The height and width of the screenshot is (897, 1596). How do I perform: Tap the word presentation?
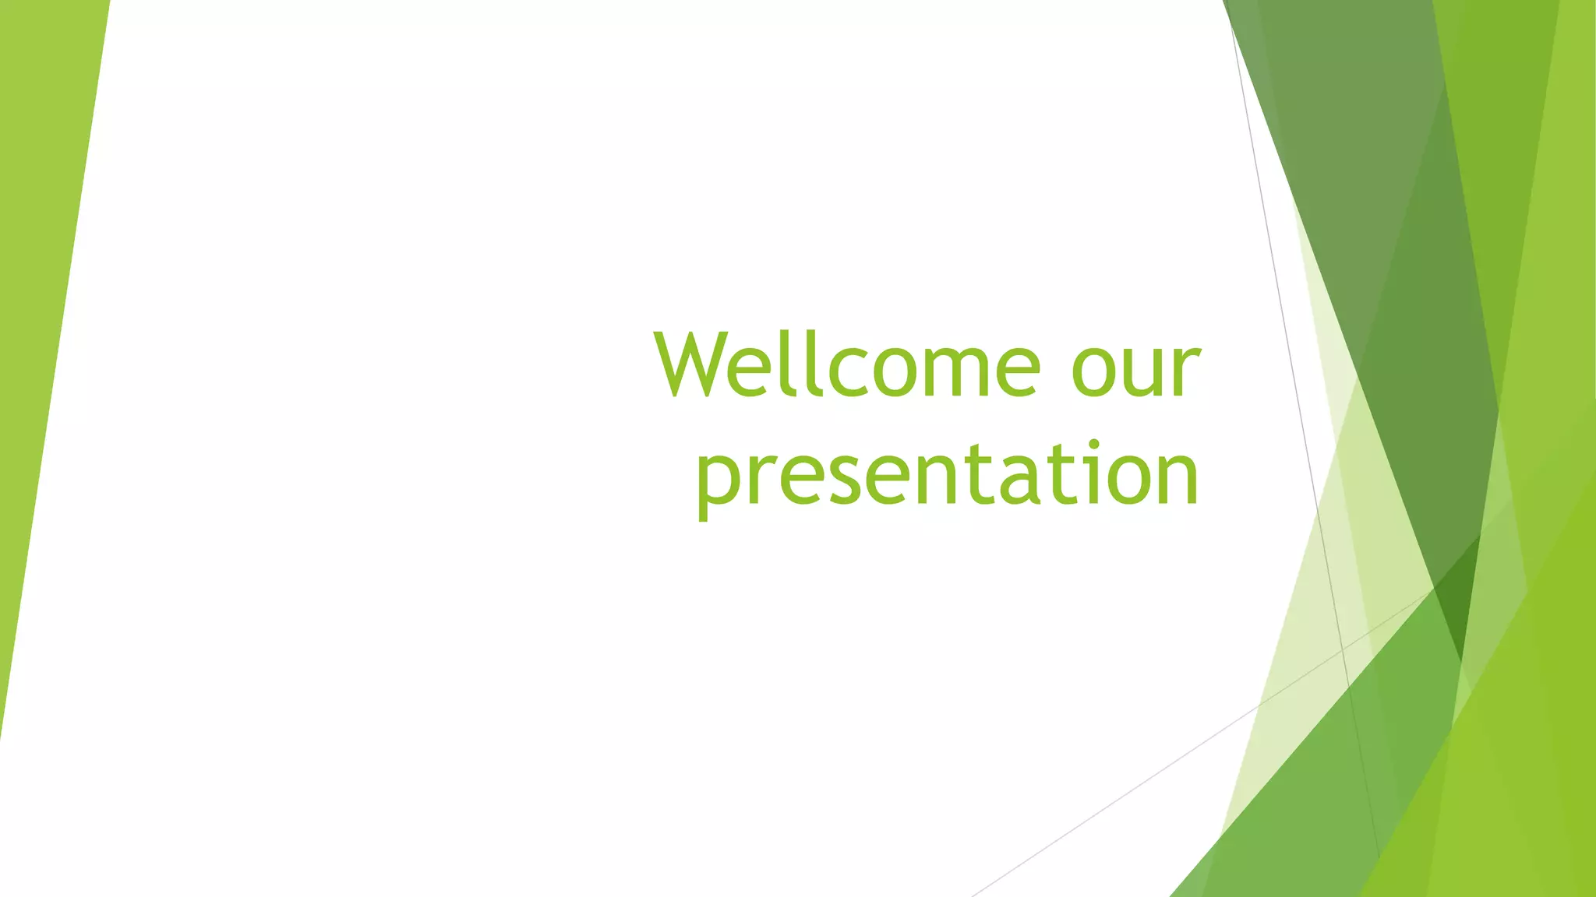pyautogui.click(x=947, y=475)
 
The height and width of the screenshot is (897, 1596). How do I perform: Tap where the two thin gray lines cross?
pyautogui.click(x=1342, y=649)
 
